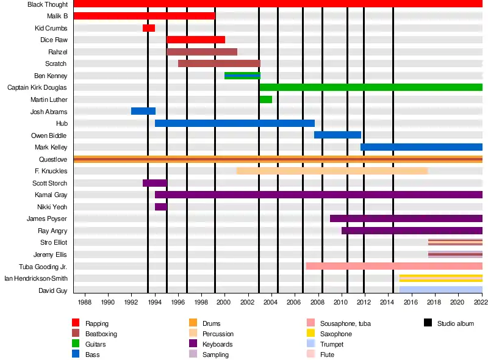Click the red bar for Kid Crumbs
click(x=149, y=28)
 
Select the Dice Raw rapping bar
click(x=196, y=40)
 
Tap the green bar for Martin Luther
click(x=265, y=99)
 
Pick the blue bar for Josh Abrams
click(x=143, y=111)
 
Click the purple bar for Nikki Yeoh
click(x=160, y=207)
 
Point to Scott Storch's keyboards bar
click(x=155, y=183)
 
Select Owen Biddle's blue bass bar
click(x=337, y=135)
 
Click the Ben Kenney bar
click(x=242, y=76)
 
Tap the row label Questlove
click(x=53, y=159)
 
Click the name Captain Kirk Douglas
click(x=37, y=88)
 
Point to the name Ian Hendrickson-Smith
click(x=36, y=279)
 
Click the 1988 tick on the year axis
click(x=84, y=302)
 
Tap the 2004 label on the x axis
click(x=271, y=302)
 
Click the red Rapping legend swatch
click(x=76, y=323)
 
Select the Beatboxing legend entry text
click(x=101, y=334)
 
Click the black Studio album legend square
click(x=428, y=323)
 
